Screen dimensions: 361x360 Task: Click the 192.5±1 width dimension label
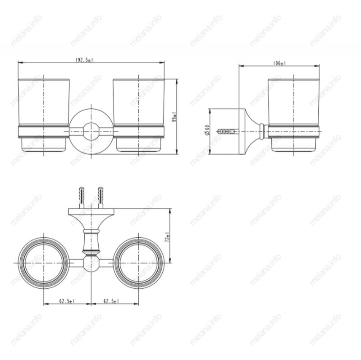84,60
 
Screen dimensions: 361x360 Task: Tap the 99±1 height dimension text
174,117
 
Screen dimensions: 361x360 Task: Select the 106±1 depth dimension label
279,63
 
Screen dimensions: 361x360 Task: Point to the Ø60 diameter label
207,130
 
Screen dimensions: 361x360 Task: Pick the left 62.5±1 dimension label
67,301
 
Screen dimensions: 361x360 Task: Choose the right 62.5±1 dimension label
111,301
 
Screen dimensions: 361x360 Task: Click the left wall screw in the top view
82,197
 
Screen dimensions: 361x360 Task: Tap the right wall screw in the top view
101,197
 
